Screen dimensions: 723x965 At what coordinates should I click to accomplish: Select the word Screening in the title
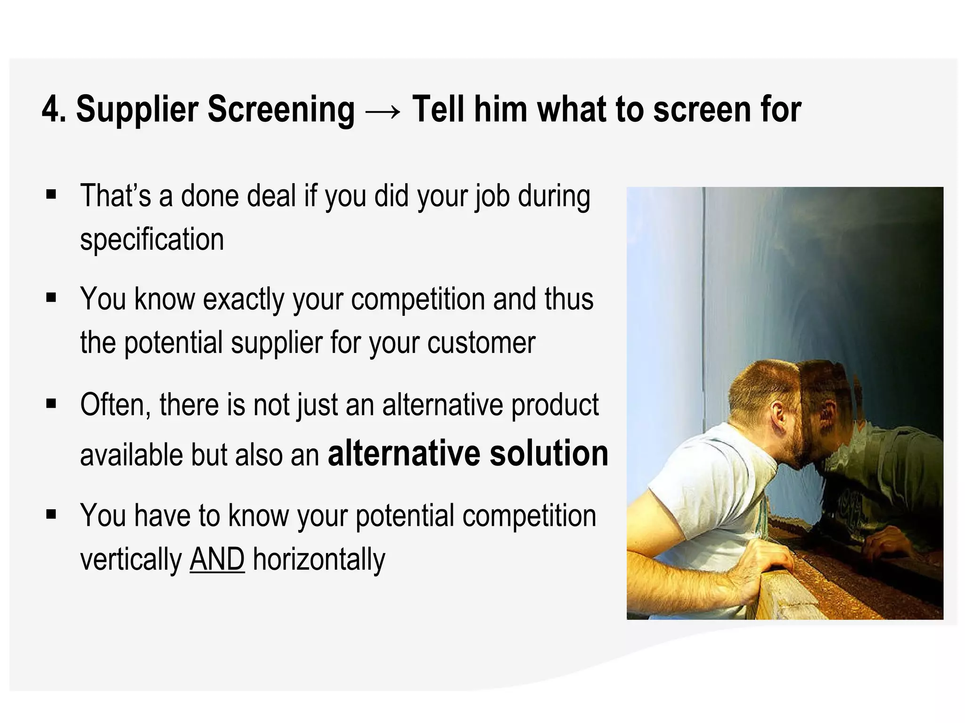(281, 110)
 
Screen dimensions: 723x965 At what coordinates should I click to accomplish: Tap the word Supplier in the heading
(137, 110)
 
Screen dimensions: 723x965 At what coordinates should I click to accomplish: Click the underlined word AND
(217, 559)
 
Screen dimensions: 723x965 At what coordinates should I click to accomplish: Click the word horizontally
(319, 559)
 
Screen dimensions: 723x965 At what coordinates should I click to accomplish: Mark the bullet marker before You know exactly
(51, 298)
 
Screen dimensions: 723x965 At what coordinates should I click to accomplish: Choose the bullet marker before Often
(51, 403)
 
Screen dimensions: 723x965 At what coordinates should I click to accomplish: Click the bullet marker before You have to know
(51, 514)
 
